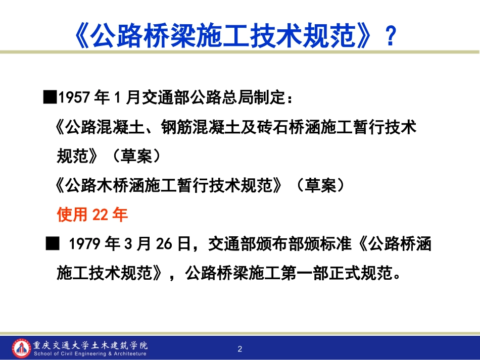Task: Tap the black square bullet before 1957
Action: [x=50, y=97]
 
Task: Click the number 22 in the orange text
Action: [x=101, y=215]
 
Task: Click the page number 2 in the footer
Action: [x=240, y=349]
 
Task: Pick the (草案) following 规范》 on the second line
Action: [x=137, y=157]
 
